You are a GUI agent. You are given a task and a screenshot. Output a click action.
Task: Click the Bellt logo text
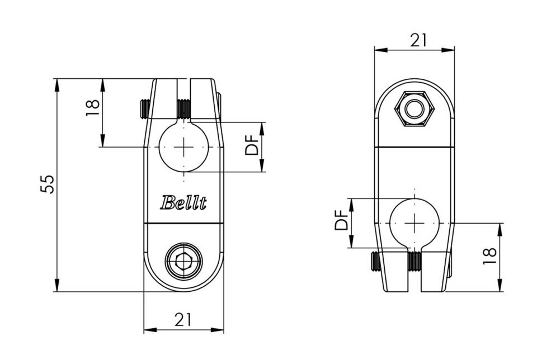click(x=183, y=202)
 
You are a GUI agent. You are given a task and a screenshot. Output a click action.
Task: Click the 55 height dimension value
click(x=47, y=185)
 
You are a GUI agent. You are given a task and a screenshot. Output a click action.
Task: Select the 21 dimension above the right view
click(x=418, y=40)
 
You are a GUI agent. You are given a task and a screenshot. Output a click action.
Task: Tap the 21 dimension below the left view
click(x=183, y=320)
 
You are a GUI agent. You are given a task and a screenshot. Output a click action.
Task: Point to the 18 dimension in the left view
click(x=92, y=108)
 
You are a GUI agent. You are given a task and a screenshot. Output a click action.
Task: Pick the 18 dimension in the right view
click(x=490, y=255)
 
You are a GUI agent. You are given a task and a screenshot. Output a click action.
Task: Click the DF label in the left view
click(x=252, y=145)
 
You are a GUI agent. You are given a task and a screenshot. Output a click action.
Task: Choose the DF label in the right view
click(x=341, y=220)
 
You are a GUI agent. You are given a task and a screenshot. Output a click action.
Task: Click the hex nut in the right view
click(x=414, y=109)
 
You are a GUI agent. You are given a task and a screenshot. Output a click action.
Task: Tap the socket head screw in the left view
click(x=183, y=262)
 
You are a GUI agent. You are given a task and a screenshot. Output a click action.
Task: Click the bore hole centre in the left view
click(x=183, y=147)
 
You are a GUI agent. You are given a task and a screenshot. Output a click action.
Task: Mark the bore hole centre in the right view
click(x=414, y=223)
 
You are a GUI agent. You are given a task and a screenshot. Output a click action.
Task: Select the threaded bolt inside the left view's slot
click(x=183, y=109)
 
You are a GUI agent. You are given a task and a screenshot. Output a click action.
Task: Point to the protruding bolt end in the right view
click(x=376, y=261)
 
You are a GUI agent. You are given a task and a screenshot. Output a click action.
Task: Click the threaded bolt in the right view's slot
click(x=414, y=262)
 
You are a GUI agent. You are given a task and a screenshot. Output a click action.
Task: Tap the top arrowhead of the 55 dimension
click(x=57, y=85)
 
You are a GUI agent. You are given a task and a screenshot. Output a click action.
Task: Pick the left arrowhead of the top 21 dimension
click(x=381, y=50)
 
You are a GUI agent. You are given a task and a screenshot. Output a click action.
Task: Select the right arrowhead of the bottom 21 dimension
click(x=217, y=330)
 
